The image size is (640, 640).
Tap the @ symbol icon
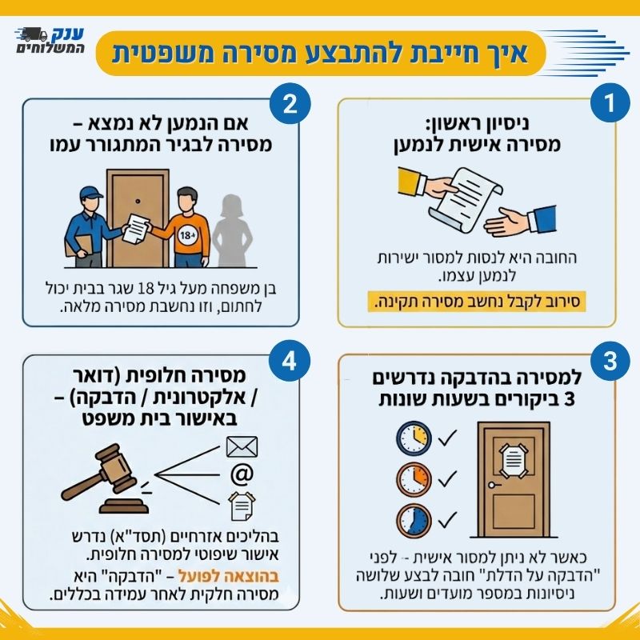point(241,474)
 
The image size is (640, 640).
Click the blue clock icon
point(412,520)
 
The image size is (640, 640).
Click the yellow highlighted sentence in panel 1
point(478,302)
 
